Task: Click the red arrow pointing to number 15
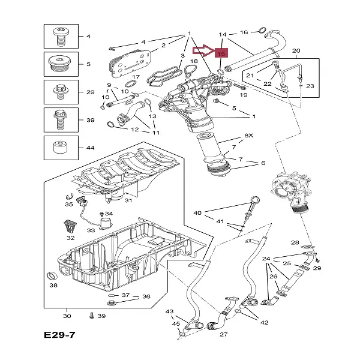click(x=203, y=51)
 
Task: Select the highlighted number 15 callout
click(x=221, y=53)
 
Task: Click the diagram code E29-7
click(x=59, y=335)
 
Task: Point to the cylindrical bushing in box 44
click(x=60, y=147)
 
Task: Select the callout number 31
click(x=128, y=200)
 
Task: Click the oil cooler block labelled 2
click(x=130, y=62)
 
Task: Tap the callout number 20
click(x=296, y=51)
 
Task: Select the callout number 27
click(x=224, y=334)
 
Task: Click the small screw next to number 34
click(x=101, y=214)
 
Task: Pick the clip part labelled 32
click(x=70, y=226)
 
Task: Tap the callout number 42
click(x=264, y=323)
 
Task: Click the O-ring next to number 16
click(x=262, y=31)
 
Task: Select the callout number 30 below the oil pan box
click(x=67, y=316)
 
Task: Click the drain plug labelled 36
click(x=112, y=302)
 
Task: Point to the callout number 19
click(x=244, y=95)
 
